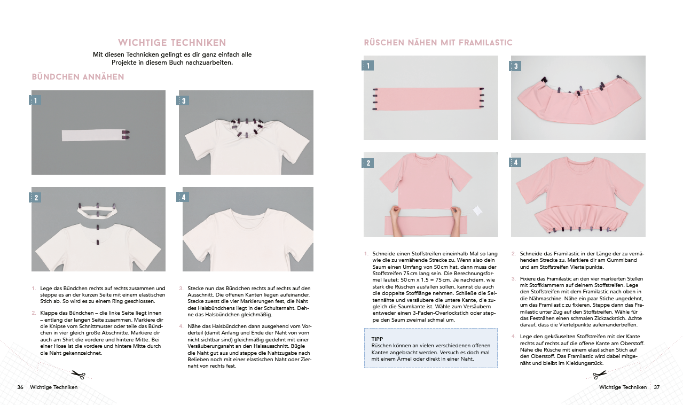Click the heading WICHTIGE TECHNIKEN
tap(172, 43)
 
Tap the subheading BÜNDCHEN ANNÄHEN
tap(78, 77)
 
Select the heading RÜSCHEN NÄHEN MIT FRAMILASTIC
tap(438, 43)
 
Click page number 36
tap(20, 387)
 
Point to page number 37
tap(657, 387)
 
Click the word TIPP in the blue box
tap(377, 339)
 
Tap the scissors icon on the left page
tap(78, 375)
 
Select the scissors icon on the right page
tap(600, 375)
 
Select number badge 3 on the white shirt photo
tap(184, 100)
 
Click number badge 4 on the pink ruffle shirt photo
tap(516, 162)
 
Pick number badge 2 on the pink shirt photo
tap(368, 163)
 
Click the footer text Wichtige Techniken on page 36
tap(54, 387)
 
